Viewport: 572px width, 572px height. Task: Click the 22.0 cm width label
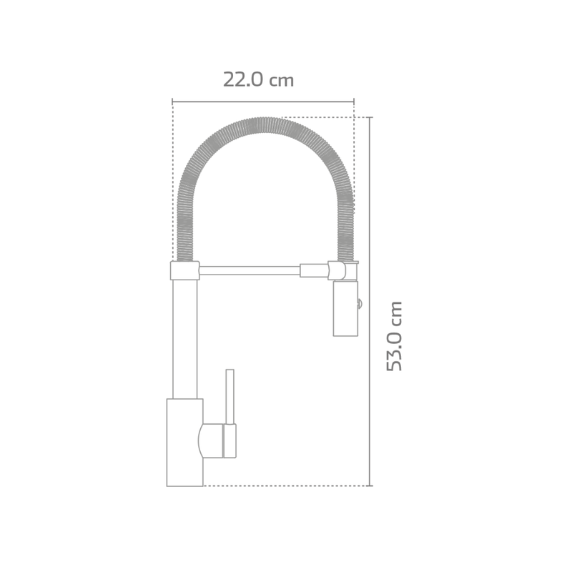coord(258,79)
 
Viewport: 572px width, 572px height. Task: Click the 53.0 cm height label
coord(394,336)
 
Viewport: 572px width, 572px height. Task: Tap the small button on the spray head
coord(360,303)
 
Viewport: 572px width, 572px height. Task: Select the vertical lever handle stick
coord(230,397)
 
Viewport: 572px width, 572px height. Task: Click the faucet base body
coord(184,442)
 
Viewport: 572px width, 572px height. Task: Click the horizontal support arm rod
coord(250,270)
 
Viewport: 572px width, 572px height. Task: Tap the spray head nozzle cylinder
coord(345,308)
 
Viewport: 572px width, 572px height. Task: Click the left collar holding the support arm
coord(185,271)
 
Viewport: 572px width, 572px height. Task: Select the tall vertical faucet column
coord(184,339)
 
